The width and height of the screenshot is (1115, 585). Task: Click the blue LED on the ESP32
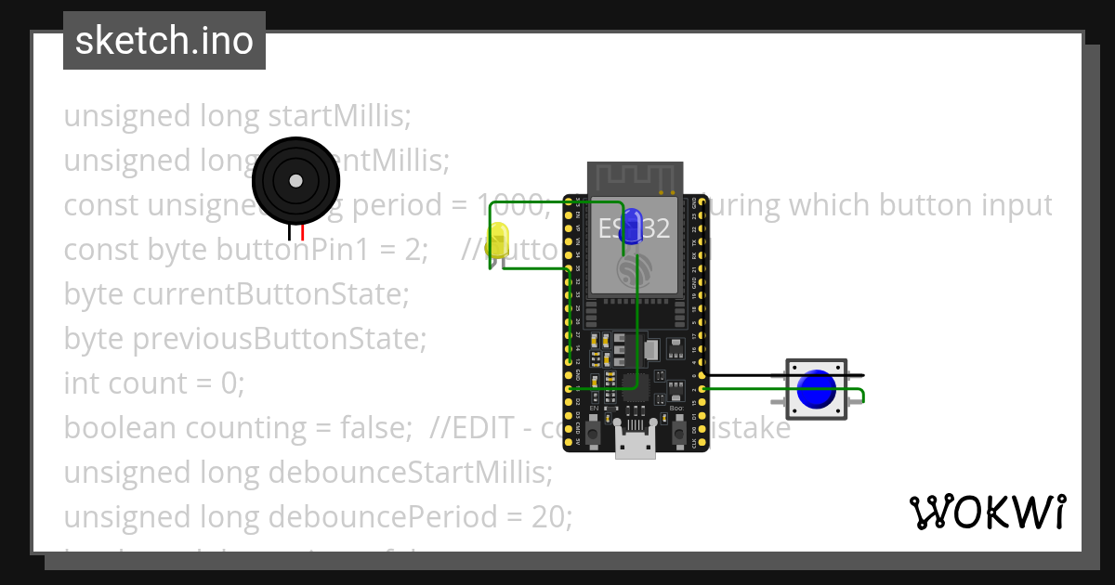tap(634, 227)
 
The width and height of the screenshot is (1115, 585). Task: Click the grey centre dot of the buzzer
tap(295, 180)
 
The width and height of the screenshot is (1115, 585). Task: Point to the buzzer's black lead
tap(291, 233)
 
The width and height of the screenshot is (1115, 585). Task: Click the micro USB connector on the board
tap(636, 447)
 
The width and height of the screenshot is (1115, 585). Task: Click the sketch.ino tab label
tap(164, 41)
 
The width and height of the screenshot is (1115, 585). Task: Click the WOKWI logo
tap(987, 512)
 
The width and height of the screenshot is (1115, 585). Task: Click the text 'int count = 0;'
tap(153, 383)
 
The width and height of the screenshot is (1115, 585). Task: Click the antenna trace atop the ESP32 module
tap(636, 176)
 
